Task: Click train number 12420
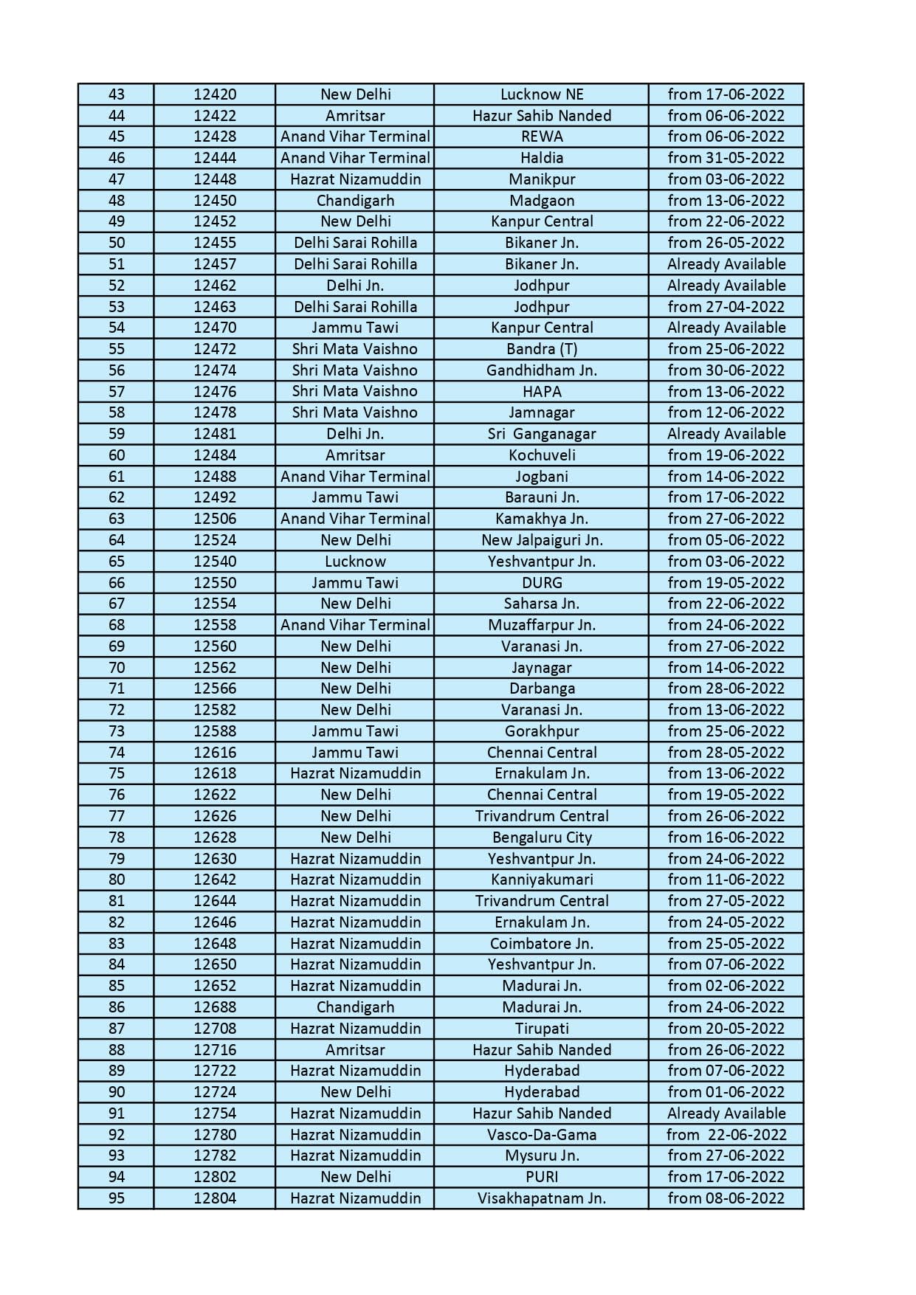(x=215, y=94)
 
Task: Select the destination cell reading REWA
(x=542, y=137)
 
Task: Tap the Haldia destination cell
(x=542, y=158)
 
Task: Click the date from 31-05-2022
(x=726, y=158)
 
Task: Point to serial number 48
(x=117, y=201)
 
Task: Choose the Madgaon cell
(x=542, y=201)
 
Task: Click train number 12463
(x=215, y=307)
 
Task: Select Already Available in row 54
(x=726, y=328)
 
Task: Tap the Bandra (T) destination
(x=542, y=349)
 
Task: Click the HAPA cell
(x=542, y=392)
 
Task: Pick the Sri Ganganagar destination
(x=542, y=434)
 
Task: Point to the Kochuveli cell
(x=542, y=455)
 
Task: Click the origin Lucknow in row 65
(x=355, y=562)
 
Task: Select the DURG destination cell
(x=542, y=583)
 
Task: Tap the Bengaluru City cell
(x=542, y=838)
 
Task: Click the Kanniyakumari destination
(x=542, y=880)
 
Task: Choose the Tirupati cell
(x=542, y=1029)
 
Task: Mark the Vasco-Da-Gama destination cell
(x=542, y=1135)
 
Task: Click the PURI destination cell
(x=542, y=1177)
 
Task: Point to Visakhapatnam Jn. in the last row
(x=542, y=1198)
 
